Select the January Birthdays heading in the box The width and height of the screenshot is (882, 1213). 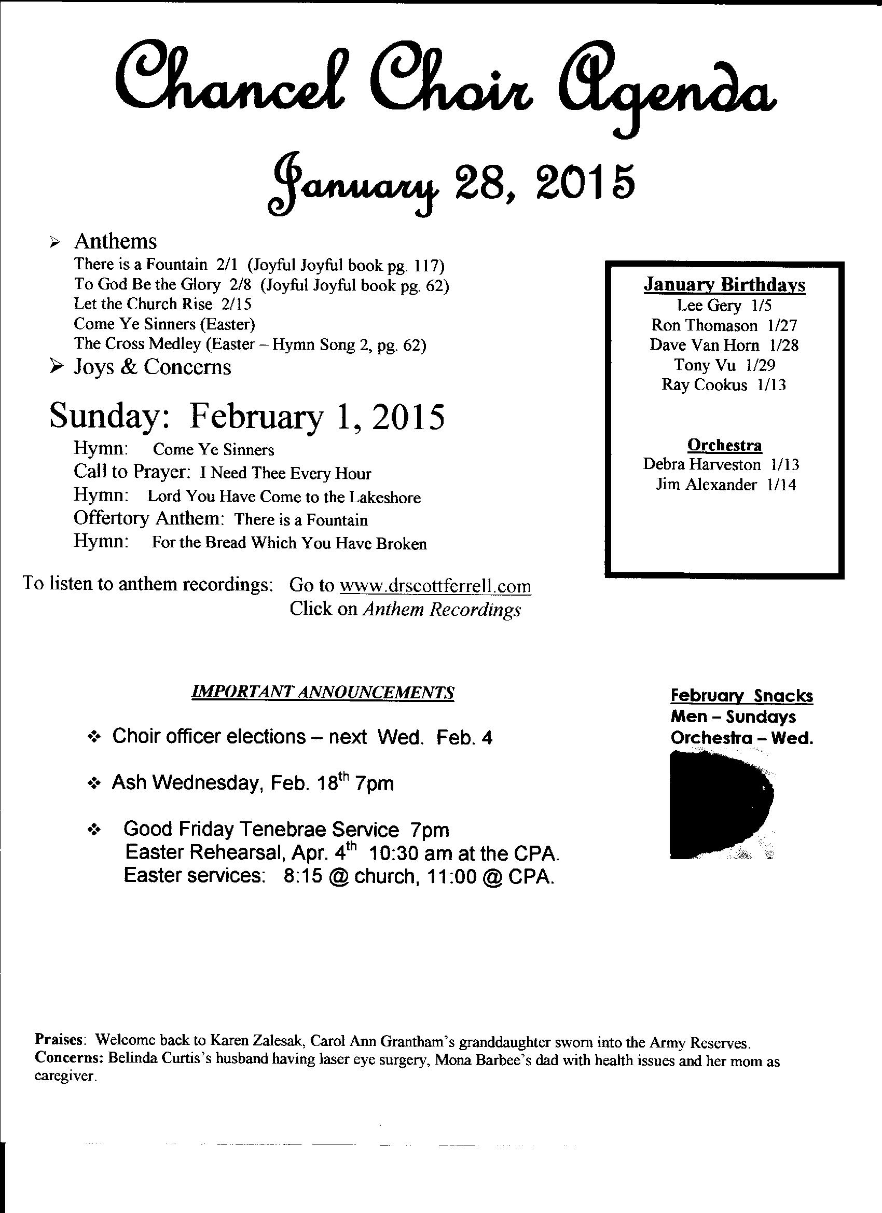coord(724,284)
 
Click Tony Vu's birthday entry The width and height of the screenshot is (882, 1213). coord(724,365)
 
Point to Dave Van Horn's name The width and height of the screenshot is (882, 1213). coord(704,345)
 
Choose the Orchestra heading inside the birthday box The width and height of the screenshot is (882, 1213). coord(724,445)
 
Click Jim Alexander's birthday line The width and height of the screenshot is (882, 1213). coord(725,485)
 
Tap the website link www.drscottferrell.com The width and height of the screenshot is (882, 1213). coord(435,586)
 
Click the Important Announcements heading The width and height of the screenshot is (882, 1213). coord(323,693)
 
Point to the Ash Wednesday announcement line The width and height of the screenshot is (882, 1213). coord(253,783)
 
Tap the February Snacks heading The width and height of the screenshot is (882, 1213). coord(741,696)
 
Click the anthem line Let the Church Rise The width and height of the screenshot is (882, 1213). coord(162,304)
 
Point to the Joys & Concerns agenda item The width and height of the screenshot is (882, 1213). coord(152,367)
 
